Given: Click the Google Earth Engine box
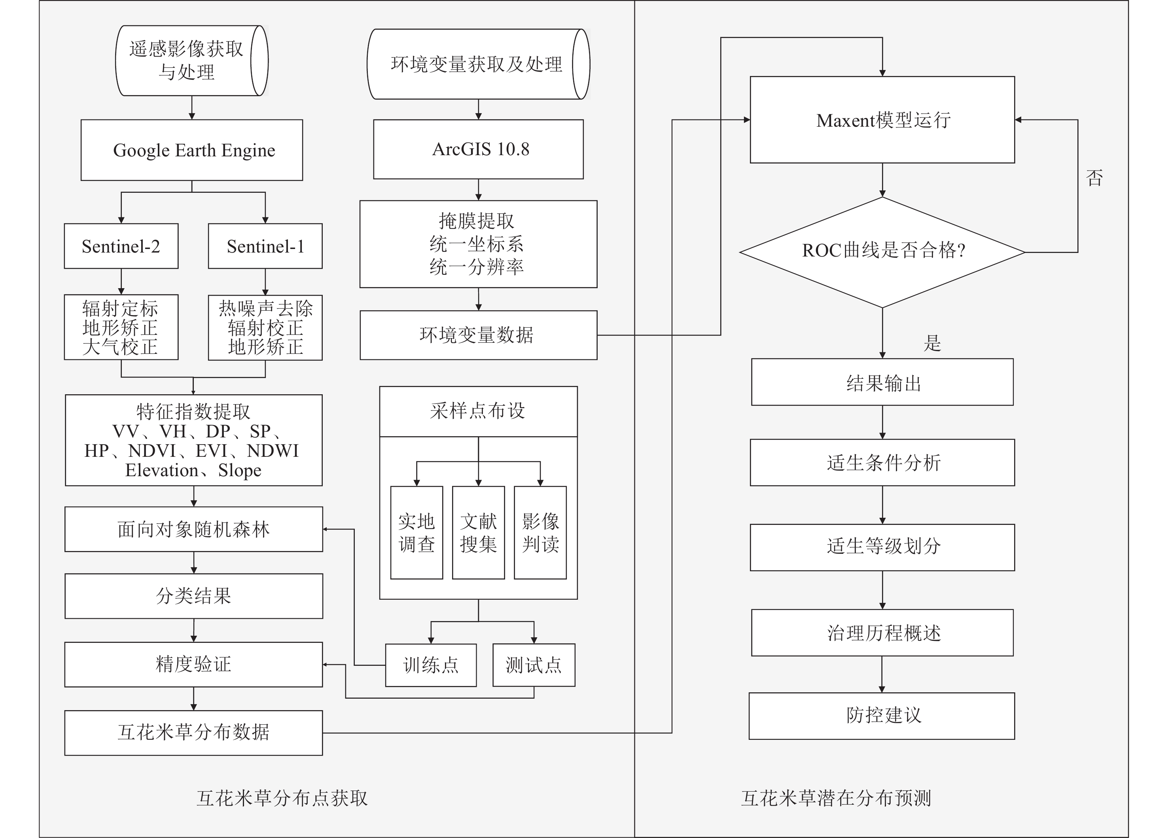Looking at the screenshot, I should coord(191,150).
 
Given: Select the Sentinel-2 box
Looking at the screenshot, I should coord(121,246).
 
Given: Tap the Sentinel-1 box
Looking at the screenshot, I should coord(265,246).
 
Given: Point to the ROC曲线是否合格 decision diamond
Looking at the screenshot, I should coord(882,252).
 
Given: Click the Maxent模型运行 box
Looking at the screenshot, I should coord(882,120).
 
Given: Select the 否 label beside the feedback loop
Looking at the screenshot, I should coord(1094,178).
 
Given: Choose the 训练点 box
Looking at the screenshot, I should coord(430,665).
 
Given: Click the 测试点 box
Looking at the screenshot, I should coord(534,665).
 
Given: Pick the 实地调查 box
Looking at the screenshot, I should coord(416,532).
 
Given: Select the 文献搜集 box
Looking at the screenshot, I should coord(479,532).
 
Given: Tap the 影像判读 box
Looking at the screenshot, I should coord(540,532).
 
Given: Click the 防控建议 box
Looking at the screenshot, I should coord(882,716).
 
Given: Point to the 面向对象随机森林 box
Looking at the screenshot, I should coord(194,529).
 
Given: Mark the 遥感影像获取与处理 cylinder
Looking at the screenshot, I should coord(191,61).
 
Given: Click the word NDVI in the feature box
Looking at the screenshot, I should coord(152,451).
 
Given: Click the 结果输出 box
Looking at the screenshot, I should coord(882,382).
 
